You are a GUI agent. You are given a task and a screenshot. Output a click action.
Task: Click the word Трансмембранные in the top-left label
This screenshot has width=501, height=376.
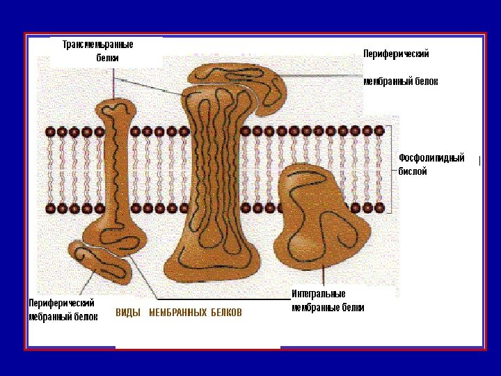tap(97, 45)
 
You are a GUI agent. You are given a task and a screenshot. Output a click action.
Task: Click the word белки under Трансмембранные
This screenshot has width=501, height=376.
tap(107, 58)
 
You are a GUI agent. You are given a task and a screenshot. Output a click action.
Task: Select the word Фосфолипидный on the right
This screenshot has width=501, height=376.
tap(431, 158)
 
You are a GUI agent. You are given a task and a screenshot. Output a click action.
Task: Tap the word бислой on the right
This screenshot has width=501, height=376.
tap(413, 171)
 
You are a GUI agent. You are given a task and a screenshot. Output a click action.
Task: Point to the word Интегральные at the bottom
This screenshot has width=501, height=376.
tap(319, 294)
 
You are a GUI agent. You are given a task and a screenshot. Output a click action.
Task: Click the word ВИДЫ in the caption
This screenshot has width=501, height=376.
tap(128, 313)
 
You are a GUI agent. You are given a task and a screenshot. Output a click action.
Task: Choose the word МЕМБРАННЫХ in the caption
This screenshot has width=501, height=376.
tap(178, 313)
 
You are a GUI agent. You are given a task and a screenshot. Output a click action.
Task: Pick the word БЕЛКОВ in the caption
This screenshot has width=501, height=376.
tap(227, 313)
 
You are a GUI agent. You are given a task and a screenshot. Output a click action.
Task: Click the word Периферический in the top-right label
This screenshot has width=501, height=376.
tap(397, 54)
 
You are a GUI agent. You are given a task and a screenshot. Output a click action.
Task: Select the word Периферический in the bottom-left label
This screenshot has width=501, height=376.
tap(61, 303)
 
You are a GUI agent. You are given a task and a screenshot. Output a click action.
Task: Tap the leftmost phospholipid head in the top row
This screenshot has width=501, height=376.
tap(51, 132)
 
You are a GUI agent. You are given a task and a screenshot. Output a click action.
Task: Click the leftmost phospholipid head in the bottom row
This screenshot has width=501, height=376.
tap(51, 208)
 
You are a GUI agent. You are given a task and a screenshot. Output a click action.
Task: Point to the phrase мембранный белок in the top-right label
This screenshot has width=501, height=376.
tap(401, 81)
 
